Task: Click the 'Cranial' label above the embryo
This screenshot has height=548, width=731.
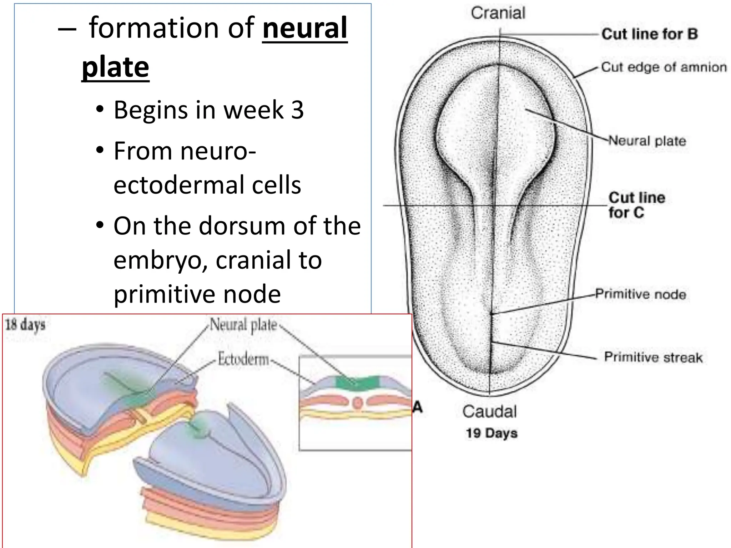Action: click(498, 13)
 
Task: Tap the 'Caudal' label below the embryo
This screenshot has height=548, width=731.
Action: click(489, 411)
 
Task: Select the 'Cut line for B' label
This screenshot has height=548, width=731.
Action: click(649, 34)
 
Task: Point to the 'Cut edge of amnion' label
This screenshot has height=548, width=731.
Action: click(664, 67)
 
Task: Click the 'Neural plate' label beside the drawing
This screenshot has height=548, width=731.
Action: click(647, 141)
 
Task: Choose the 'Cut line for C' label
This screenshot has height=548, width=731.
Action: click(636, 205)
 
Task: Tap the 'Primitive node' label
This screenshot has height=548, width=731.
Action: click(640, 294)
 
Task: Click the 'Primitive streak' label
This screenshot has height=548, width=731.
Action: click(653, 357)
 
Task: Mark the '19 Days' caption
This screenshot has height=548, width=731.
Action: click(491, 433)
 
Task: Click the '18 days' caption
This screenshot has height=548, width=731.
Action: click(25, 325)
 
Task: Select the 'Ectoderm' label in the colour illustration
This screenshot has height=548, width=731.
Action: click(243, 359)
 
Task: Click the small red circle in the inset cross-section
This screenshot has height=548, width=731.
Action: click(357, 403)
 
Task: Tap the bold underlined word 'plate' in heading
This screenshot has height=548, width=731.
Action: click(115, 67)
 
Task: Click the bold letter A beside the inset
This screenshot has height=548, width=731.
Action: click(418, 407)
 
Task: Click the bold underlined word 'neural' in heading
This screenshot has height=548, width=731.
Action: click(304, 28)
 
